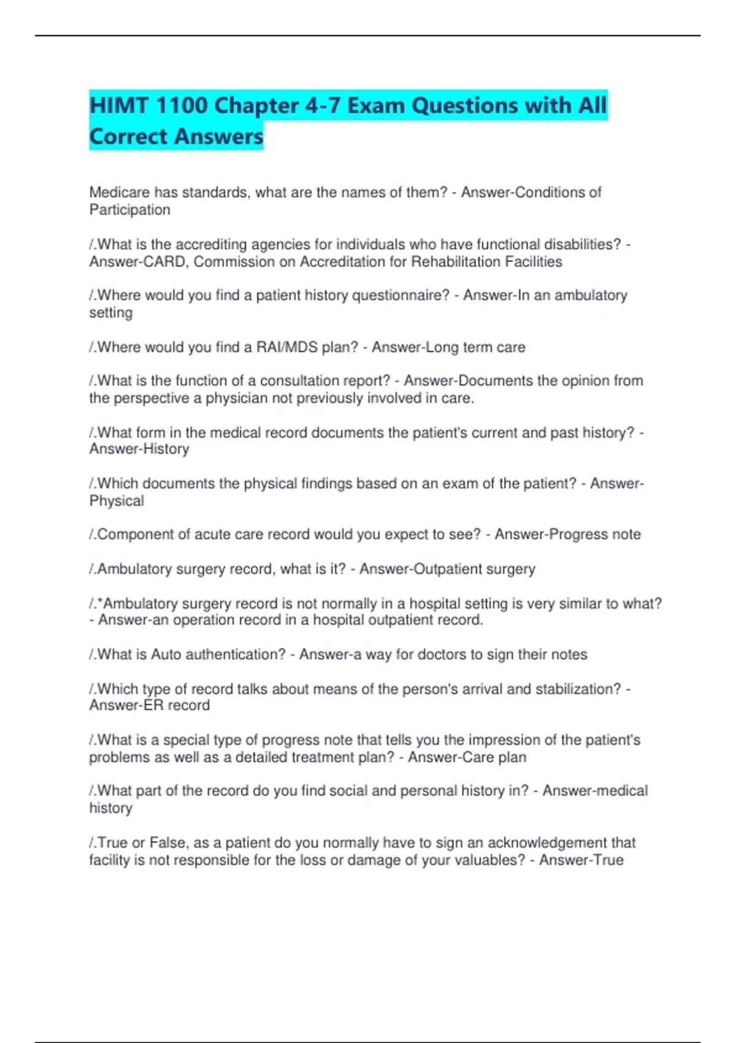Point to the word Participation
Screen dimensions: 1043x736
point(130,210)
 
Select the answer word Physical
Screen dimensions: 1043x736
point(117,501)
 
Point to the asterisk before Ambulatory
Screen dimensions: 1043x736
point(100,602)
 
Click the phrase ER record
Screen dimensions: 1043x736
point(179,706)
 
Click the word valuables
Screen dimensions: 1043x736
point(491,860)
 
